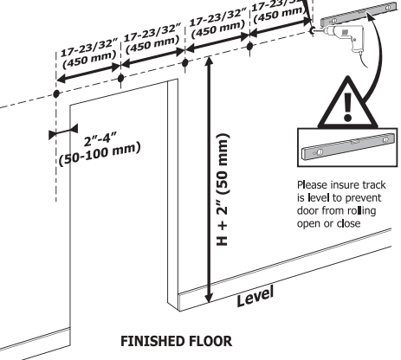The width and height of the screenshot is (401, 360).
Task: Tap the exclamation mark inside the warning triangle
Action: [x=347, y=106]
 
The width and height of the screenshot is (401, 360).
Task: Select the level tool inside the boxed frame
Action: [x=348, y=146]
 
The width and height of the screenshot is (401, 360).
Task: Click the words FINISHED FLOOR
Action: [x=176, y=341]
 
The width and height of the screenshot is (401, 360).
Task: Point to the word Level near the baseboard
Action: [x=255, y=297]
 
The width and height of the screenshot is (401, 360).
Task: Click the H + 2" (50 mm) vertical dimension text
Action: [x=223, y=190]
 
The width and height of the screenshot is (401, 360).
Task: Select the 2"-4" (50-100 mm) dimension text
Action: [x=100, y=149]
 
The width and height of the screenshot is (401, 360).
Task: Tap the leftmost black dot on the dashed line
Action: [x=56, y=93]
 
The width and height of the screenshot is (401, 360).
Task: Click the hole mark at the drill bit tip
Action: [x=312, y=30]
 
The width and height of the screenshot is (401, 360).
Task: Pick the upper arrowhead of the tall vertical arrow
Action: [x=210, y=61]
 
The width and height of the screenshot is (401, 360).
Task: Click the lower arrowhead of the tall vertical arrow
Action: [x=209, y=298]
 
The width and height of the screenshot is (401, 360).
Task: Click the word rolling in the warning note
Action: [x=361, y=211]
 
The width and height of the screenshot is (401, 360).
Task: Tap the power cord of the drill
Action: [x=363, y=60]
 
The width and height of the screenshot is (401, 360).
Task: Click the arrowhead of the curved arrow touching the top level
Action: [x=371, y=15]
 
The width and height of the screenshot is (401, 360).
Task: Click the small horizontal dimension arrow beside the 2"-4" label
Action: [x=63, y=132]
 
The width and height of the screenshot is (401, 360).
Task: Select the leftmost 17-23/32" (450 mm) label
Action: [x=89, y=54]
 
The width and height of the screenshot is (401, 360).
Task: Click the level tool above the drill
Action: [x=359, y=14]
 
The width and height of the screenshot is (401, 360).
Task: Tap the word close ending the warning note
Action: [x=349, y=223]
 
